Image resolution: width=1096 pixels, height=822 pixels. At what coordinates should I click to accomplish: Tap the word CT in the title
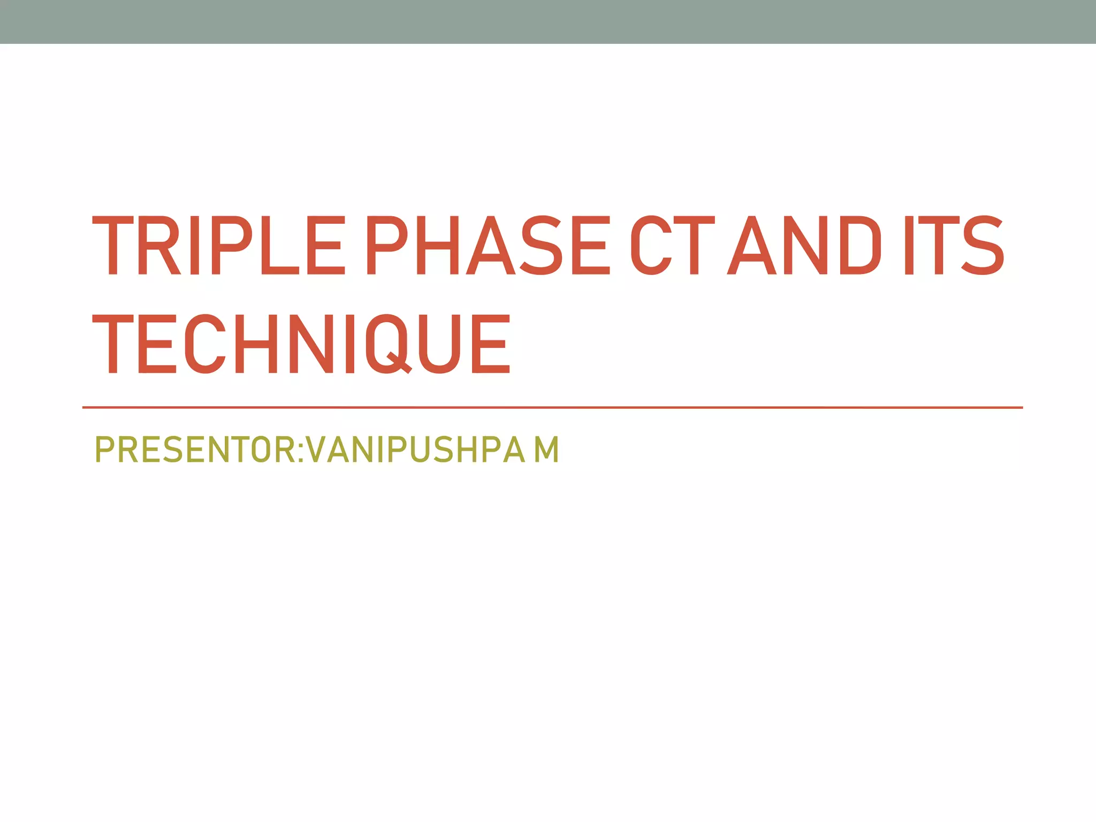coord(672,246)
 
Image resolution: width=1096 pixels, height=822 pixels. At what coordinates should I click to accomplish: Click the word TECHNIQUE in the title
coord(301,344)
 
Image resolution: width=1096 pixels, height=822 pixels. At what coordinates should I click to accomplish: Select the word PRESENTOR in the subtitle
coord(194,450)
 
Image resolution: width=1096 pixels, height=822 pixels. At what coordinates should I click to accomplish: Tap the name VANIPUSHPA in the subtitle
coord(416,450)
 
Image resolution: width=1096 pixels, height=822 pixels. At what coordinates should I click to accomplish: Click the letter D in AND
coord(861,246)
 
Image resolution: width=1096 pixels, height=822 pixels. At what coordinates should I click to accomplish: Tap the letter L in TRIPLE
coord(279,246)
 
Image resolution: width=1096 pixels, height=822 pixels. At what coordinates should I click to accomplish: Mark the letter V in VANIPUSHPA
coord(321,450)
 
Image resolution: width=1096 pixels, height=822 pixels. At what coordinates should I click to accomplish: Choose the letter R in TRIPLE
coord(159,246)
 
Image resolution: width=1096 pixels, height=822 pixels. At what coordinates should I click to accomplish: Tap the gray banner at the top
coord(548,21)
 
